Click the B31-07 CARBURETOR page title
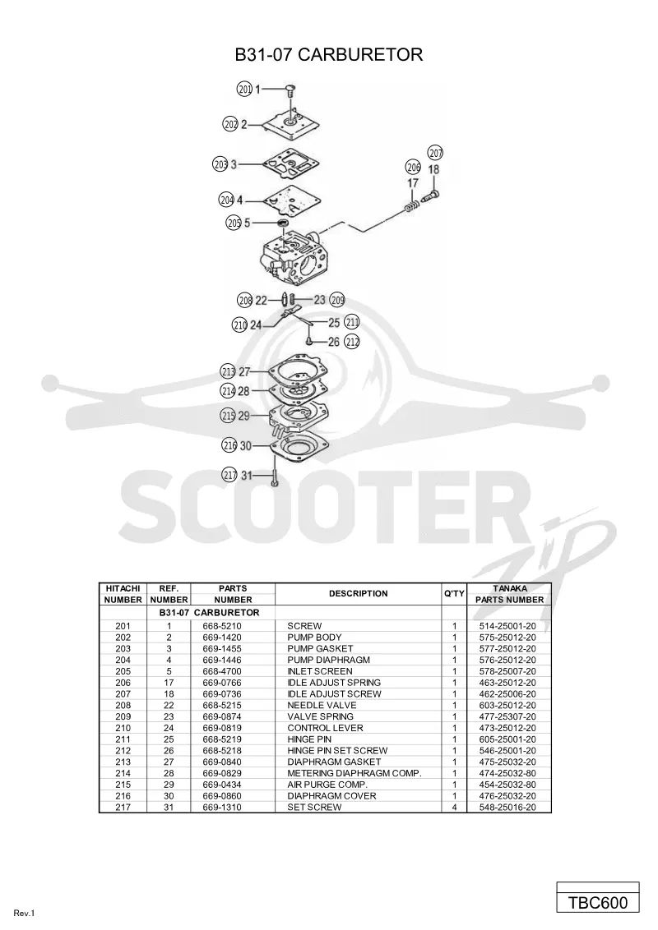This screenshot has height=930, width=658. click(x=328, y=54)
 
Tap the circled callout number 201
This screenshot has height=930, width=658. click(x=244, y=89)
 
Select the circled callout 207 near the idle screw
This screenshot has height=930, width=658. click(x=436, y=153)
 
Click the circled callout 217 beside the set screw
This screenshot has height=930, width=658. click(x=229, y=475)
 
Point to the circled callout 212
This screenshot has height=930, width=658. click(x=352, y=342)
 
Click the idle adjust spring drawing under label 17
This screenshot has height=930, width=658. click(x=411, y=208)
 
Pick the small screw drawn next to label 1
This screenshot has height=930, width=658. click(x=290, y=90)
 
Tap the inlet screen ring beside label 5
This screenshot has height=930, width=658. click(x=282, y=223)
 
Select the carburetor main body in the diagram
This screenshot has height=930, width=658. click(x=294, y=259)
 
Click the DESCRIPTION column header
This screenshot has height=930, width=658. click(x=358, y=594)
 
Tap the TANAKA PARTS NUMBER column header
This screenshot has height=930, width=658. click(x=509, y=594)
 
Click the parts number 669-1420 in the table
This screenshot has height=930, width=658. click(x=222, y=638)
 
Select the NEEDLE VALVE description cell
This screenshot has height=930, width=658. click(x=322, y=705)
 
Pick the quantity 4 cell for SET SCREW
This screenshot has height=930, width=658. click(x=454, y=808)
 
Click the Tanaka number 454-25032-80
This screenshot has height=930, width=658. click(x=507, y=785)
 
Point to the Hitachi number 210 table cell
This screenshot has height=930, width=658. click(x=123, y=728)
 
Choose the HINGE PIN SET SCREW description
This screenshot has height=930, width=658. click(x=337, y=750)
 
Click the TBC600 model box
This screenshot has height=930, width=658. click(x=598, y=903)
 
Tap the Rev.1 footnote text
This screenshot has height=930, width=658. click(x=25, y=914)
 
